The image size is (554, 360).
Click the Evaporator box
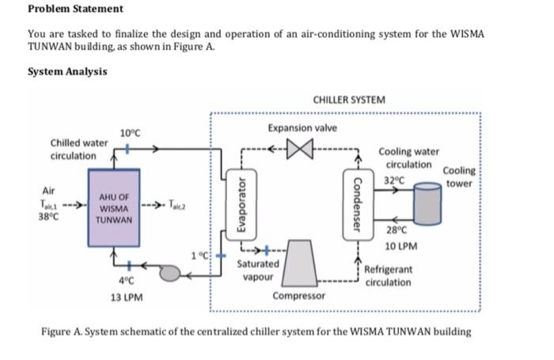(x=241, y=205)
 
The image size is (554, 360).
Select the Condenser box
(x=358, y=205)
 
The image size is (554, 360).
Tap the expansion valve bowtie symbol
(x=300, y=149)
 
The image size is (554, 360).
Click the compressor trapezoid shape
(x=300, y=263)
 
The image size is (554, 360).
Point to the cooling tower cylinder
(x=427, y=203)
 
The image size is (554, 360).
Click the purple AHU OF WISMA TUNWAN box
(x=114, y=208)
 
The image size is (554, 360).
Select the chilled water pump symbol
(x=169, y=273)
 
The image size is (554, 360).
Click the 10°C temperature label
(x=130, y=133)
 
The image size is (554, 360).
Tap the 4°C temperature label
(x=126, y=281)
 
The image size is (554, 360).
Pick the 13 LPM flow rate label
(x=127, y=297)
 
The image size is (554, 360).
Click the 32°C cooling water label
(x=394, y=180)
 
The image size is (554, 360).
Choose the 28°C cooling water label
(x=397, y=230)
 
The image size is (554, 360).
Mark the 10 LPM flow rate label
(x=401, y=246)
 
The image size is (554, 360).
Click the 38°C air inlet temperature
(x=49, y=216)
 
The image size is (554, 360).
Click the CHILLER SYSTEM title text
(x=349, y=100)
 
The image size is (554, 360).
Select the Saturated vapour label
(x=258, y=271)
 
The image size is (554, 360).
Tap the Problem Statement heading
(x=76, y=9)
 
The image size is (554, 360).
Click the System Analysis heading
(x=67, y=72)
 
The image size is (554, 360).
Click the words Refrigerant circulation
(x=389, y=276)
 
